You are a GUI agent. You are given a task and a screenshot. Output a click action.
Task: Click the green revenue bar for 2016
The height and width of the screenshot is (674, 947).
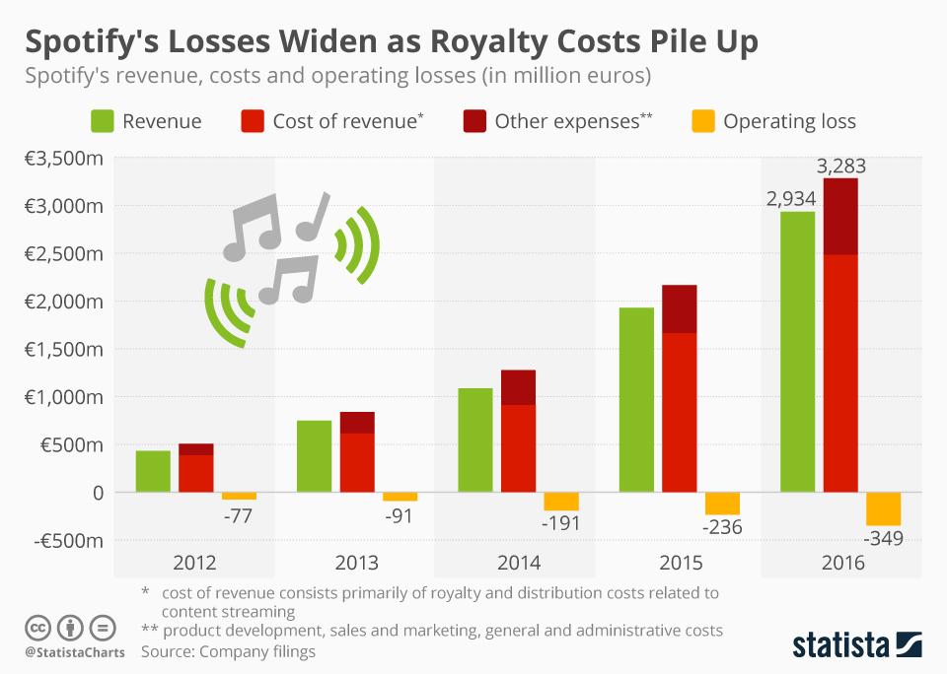797,351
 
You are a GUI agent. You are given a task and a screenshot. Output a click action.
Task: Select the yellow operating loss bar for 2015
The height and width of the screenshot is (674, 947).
722,504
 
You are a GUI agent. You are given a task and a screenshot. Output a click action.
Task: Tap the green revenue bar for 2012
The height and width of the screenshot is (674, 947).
153,471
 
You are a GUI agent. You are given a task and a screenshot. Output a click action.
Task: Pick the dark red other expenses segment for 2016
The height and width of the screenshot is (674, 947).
840,217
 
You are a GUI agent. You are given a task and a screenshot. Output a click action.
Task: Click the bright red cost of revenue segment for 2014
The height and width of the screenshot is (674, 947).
518,448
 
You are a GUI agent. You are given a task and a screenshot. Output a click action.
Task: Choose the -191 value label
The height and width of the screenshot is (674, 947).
560,522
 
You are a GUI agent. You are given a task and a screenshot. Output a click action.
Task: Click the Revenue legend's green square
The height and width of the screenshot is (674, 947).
101,121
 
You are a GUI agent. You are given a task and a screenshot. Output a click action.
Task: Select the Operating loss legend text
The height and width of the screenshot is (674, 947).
789,121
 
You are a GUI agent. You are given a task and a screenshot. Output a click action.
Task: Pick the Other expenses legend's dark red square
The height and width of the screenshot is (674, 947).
473,121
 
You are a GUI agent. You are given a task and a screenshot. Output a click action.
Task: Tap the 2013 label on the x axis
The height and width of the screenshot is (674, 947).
356,564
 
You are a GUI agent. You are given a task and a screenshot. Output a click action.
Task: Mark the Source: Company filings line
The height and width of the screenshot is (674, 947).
229,651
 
